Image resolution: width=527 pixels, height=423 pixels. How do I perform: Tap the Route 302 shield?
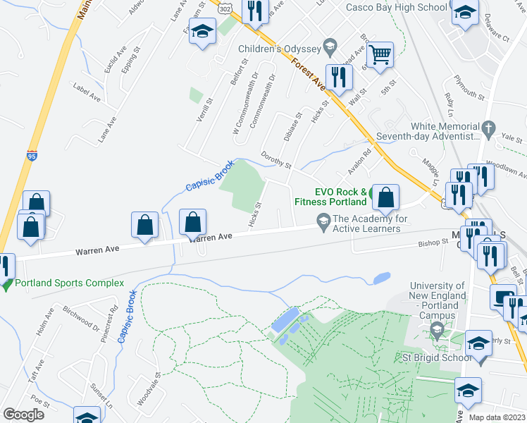coord(224,6)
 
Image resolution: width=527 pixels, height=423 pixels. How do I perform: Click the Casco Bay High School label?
coord(396,7)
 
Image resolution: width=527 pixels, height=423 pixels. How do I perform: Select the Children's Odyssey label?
coord(280,49)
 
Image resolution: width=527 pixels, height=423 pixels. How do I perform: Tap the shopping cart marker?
coord(380,55)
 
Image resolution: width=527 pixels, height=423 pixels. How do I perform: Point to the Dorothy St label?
coord(276,160)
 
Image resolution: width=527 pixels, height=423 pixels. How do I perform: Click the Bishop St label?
coord(433,242)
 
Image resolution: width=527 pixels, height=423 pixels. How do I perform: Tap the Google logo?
coord(23,414)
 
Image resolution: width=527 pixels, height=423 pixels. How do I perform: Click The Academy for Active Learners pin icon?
coord(323,221)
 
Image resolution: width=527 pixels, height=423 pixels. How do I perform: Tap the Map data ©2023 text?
coord(497,417)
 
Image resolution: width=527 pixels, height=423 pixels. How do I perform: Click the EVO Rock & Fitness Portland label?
coord(340,197)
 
